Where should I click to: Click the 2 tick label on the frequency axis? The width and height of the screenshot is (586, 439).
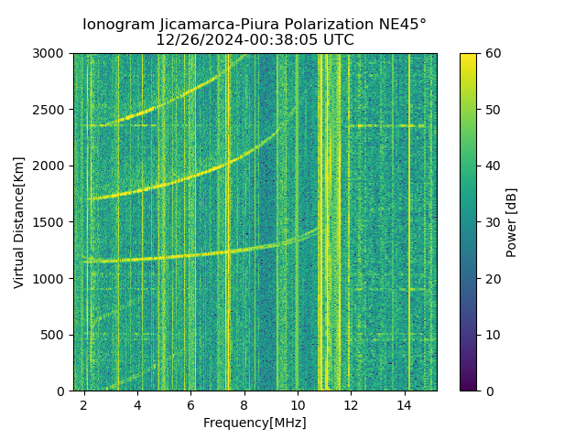(x=84, y=404)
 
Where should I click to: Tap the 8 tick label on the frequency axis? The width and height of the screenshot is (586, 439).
(x=244, y=404)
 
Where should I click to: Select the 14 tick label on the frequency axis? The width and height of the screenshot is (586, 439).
(x=404, y=404)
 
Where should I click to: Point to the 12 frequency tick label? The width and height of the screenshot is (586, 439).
(x=351, y=404)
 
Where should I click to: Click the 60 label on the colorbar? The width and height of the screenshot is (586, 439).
(x=493, y=54)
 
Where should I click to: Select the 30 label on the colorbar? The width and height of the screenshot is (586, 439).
(x=493, y=222)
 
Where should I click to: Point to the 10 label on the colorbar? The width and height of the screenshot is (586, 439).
(x=493, y=335)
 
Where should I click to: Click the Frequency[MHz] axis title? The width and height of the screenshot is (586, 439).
(x=255, y=423)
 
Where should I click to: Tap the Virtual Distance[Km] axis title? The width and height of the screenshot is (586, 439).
(x=19, y=222)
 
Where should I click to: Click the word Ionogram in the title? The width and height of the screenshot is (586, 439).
(x=116, y=25)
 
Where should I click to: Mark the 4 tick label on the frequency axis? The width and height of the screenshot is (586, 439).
(x=137, y=404)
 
